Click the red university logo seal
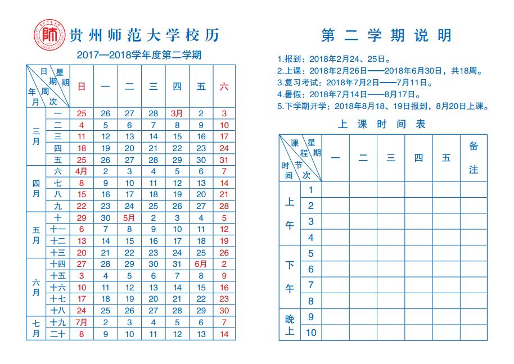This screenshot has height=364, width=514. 49,35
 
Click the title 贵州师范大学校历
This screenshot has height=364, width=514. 143,35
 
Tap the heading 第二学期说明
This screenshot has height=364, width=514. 386,36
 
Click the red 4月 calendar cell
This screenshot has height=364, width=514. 82,171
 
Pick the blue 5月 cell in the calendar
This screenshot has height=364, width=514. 129,217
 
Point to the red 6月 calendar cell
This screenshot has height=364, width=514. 201,264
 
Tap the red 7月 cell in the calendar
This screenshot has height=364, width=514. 82,322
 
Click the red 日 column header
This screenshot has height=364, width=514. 82,87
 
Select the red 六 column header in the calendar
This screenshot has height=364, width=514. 224,87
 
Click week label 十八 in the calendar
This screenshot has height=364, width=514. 58,311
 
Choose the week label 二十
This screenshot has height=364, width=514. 58,334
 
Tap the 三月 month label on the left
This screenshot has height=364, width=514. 35,136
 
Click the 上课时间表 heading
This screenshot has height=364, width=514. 382,124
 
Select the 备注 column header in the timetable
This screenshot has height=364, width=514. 474,158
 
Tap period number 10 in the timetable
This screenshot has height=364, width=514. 311,333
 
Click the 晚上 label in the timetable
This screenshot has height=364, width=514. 290,325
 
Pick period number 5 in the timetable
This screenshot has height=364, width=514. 311,253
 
